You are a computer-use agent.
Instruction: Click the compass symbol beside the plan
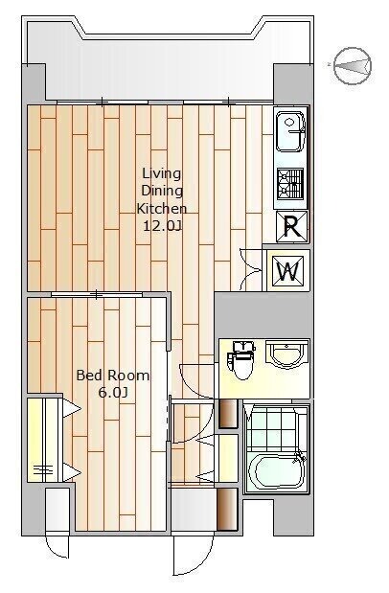pos(353,66)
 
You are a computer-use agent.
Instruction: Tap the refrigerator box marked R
pos(291,226)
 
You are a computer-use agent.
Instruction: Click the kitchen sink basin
pos(290,131)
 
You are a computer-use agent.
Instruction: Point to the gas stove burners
pos(290,184)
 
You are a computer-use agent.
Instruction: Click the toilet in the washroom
pos(241,359)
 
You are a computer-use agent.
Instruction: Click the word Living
pos(162,173)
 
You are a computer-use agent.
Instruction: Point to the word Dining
pos(162,191)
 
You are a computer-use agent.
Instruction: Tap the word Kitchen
pos(162,209)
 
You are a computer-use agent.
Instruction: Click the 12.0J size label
pos(162,226)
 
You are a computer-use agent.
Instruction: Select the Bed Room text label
pos(113,376)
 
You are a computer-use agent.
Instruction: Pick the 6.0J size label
pos(112,393)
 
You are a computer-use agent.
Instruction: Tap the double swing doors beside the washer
pos(251,269)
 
